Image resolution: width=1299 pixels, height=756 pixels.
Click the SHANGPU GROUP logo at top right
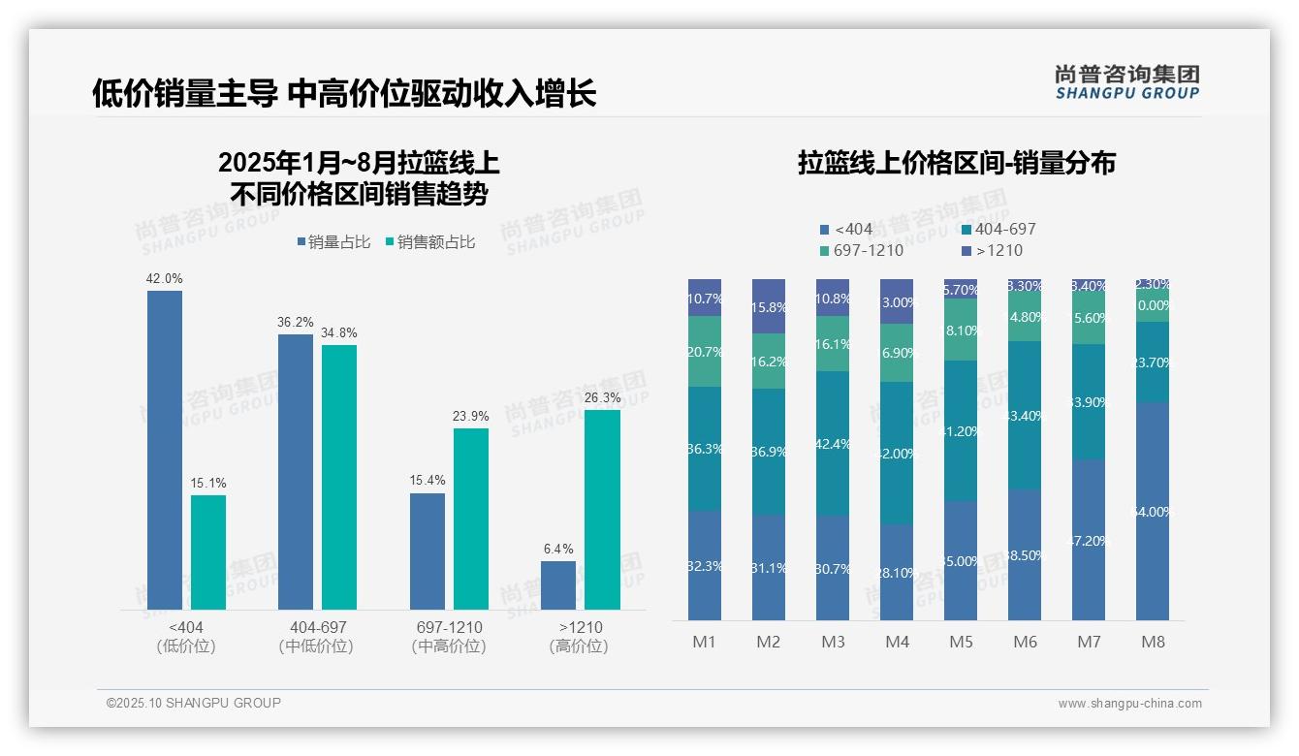coord(1126,82)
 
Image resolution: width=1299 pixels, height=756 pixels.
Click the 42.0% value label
coord(164,279)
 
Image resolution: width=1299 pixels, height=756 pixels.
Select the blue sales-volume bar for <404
coord(165,450)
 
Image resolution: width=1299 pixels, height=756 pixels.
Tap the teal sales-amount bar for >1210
coord(602,510)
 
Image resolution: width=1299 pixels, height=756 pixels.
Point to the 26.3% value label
coord(602,398)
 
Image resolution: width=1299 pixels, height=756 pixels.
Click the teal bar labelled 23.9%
coord(471,519)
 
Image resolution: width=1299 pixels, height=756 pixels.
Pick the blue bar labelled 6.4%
coord(558,585)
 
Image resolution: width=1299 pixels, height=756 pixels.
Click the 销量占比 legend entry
coord(333,242)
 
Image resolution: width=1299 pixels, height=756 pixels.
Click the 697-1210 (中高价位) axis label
coord(448,637)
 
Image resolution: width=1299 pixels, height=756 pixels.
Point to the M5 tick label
coord(961,642)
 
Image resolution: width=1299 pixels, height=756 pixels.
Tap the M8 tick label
coord(1153,642)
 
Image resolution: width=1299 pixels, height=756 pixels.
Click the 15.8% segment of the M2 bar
coord(769,306)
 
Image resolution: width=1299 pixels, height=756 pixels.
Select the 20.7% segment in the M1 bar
coord(705,352)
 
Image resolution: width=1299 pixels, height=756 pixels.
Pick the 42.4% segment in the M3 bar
coord(833,443)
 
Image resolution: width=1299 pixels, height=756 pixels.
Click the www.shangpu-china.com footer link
coord(1129,704)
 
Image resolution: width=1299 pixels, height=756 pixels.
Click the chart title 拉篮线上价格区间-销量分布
coord(956,163)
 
